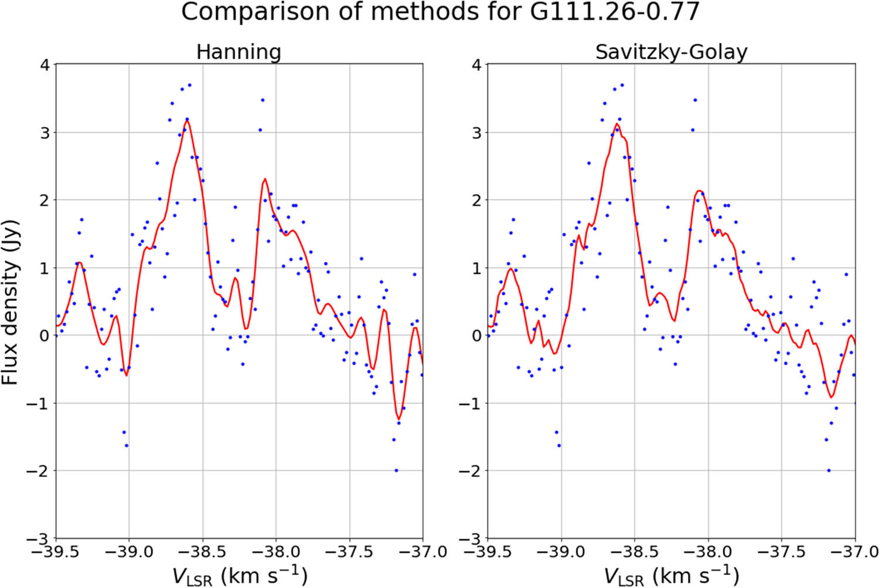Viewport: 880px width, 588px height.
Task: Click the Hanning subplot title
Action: (x=238, y=52)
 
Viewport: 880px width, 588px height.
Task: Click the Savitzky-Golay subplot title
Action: (x=671, y=52)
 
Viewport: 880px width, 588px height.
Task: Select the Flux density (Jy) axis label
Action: (x=11, y=302)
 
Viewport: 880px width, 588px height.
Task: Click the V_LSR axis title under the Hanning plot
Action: (x=239, y=575)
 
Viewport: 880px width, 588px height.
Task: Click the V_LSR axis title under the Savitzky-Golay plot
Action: (x=671, y=575)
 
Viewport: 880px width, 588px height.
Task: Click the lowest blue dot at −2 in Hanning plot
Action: (x=396, y=470)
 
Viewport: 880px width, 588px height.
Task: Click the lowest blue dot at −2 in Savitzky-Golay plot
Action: (x=828, y=470)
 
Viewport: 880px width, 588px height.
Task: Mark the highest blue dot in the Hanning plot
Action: (x=189, y=85)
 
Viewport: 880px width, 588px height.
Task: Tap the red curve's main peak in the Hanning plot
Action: (x=187, y=121)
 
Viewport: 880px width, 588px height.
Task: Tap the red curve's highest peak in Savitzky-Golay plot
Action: (x=617, y=124)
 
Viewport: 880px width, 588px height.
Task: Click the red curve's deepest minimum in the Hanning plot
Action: (x=399, y=419)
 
